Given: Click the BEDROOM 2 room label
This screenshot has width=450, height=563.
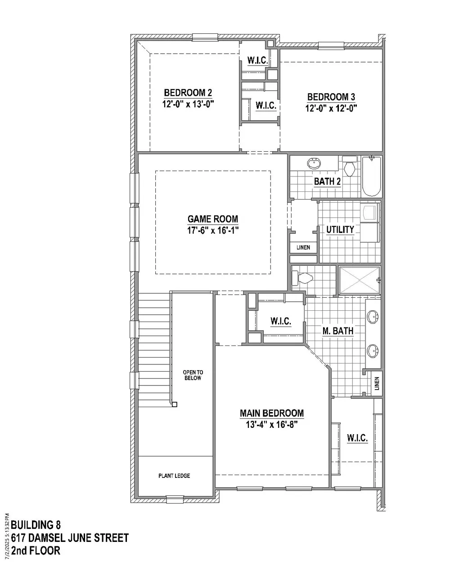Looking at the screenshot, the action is point(188,92).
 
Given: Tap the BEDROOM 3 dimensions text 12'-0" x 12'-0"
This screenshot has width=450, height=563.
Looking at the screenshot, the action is point(331,108).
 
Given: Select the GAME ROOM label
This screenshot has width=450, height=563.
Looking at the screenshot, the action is point(212,219).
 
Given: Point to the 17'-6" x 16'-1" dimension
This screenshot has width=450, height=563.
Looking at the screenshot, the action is point(213,231).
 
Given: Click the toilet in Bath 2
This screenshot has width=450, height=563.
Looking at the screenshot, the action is point(349,166).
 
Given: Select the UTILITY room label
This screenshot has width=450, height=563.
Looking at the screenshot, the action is point(340,229).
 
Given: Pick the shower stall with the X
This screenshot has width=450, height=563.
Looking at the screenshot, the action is point(359,280).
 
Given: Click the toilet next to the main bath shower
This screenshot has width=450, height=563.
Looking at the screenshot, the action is point(302,278).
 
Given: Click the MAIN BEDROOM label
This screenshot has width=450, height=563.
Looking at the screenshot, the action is point(272,413).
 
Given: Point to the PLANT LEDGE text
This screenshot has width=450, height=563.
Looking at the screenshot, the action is point(174,476).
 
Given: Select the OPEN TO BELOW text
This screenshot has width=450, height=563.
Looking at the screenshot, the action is point(193,375).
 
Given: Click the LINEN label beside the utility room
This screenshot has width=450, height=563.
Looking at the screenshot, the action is point(303,247).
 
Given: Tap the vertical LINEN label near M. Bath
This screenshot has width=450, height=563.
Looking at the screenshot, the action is point(377,384).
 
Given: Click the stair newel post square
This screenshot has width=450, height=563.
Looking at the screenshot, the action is point(175,404).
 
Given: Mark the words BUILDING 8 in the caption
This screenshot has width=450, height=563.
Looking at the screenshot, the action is point(36,525).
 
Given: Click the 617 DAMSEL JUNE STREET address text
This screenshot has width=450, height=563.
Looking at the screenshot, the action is point(70,538).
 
